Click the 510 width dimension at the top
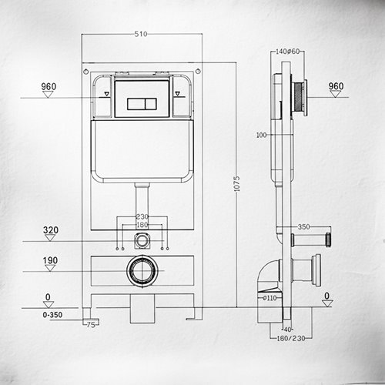coord(141,35)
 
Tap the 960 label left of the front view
coord(49,87)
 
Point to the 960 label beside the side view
coord(336,85)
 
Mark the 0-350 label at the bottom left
coord(51,315)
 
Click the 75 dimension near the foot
coord(92,325)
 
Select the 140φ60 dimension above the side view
coord(287,52)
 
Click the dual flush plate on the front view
coord(140,102)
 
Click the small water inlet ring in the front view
coord(140,239)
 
